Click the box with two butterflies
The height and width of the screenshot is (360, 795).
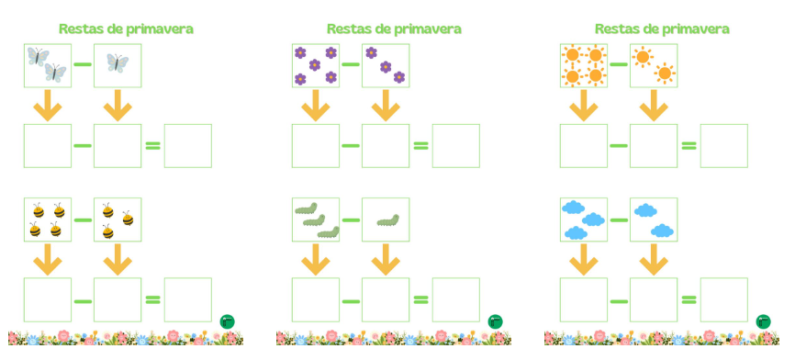click(x=48, y=65)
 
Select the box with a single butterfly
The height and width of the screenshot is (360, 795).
click(x=118, y=65)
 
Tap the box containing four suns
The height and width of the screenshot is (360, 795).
click(x=584, y=65)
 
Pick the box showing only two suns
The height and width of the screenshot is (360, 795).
click(x=654, y=65)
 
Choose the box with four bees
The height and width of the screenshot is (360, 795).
click(x=48, y=219)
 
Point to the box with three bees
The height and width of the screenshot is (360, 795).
click(x=118, y=219)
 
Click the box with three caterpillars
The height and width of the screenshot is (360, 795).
click(x=316, y=219)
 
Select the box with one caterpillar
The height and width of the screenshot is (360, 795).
click(x=386, y=219)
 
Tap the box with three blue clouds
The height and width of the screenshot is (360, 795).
click(x=584, y=219)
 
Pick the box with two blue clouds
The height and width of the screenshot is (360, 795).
click(x=654, y=219)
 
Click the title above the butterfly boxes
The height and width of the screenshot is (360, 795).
click(x=126, y=28)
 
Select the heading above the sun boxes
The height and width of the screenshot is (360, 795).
click(x=662, y=28)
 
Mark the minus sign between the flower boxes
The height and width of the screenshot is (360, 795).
click(x=351, y=64)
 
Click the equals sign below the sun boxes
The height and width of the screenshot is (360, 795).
click(x=689, y=146)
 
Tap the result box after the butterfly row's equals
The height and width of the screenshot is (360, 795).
click(x=187, y=146)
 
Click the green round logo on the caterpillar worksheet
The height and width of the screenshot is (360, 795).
click(x=496, y=321)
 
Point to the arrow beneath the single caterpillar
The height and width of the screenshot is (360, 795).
click(x=386, y=260)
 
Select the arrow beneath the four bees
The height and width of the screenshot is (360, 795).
click(x=48, y=260)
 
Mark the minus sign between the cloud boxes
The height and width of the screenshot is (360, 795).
click(x=619, y=219)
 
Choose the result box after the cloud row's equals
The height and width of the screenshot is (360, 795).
click(x=723, y=299)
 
